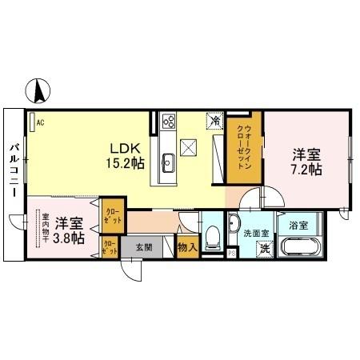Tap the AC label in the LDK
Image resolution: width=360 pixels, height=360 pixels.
point(39,122)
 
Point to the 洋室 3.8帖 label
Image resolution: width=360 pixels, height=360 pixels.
point(70,230)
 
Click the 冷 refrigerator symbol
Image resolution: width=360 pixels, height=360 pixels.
point(214,121)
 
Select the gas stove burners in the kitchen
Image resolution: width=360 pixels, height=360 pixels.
point(170,122)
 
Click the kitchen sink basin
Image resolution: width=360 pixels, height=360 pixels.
point(169,162)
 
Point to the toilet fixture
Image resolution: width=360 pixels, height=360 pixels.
point(213,236)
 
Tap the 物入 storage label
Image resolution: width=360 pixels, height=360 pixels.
point(187,248)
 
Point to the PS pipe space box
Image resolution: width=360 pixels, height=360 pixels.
point(233,254)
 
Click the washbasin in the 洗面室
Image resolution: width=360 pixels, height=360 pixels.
point(234,223)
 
